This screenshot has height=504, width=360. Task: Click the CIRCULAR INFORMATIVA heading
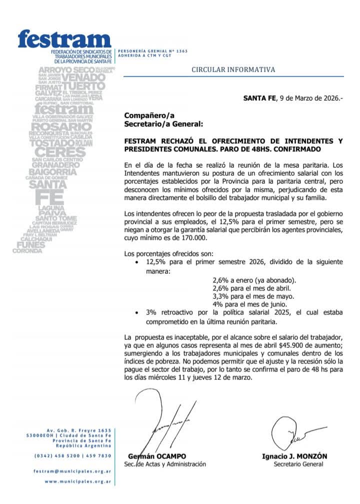(233, 70)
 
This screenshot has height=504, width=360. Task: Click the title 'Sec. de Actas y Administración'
(164, 464)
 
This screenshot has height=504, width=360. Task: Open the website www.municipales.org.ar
(77, 482)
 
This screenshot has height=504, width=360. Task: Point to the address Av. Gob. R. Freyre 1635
(78, 430)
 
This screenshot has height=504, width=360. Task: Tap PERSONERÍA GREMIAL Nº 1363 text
(145, 51)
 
